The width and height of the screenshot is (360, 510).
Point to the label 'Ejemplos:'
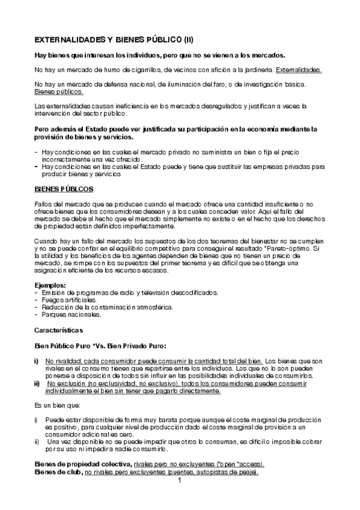[x=49, y=284]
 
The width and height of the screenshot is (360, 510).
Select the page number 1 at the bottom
[x=180, y=481]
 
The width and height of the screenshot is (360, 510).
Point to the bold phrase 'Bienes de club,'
[x=58, y=473]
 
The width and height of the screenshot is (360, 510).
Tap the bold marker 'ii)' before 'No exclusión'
[x=38, y=383]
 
